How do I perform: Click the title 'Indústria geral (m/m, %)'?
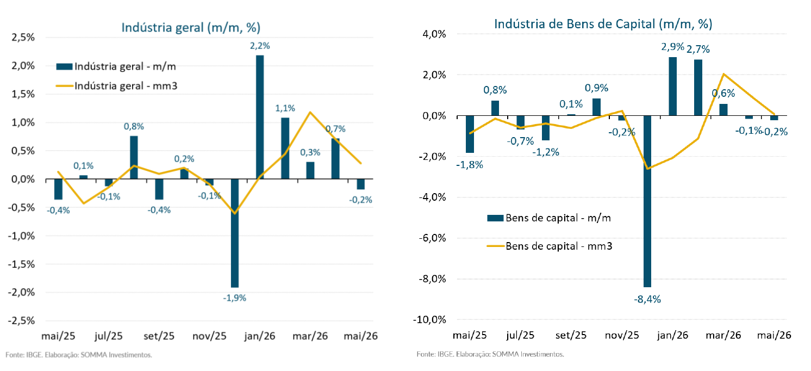[191, 28]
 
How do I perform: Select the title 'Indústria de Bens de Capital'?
[575, 24]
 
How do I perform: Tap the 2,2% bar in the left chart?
[260, 117]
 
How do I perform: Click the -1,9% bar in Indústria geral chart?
[235, 233]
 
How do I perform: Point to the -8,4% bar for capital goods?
[647, 201]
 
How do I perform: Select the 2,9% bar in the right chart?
[673, 86]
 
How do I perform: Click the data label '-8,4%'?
[647, 299]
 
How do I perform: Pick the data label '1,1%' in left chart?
[285, 108]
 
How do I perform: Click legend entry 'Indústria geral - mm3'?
[116, 86]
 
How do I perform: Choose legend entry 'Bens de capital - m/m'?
[549, 218]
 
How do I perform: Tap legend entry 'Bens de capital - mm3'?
[549, 246]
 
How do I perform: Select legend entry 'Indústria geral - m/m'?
[116, 66]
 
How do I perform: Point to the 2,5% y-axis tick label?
[23, 38]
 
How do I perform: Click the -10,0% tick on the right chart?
[430, 319]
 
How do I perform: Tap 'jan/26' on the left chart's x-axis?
[260, 336]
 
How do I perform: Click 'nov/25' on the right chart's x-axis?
[622, 335]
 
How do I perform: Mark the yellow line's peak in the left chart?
[310, 112]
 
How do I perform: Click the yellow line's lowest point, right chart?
[647, 169]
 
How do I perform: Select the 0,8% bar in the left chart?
[134, 157]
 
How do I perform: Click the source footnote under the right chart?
[490, 354]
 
